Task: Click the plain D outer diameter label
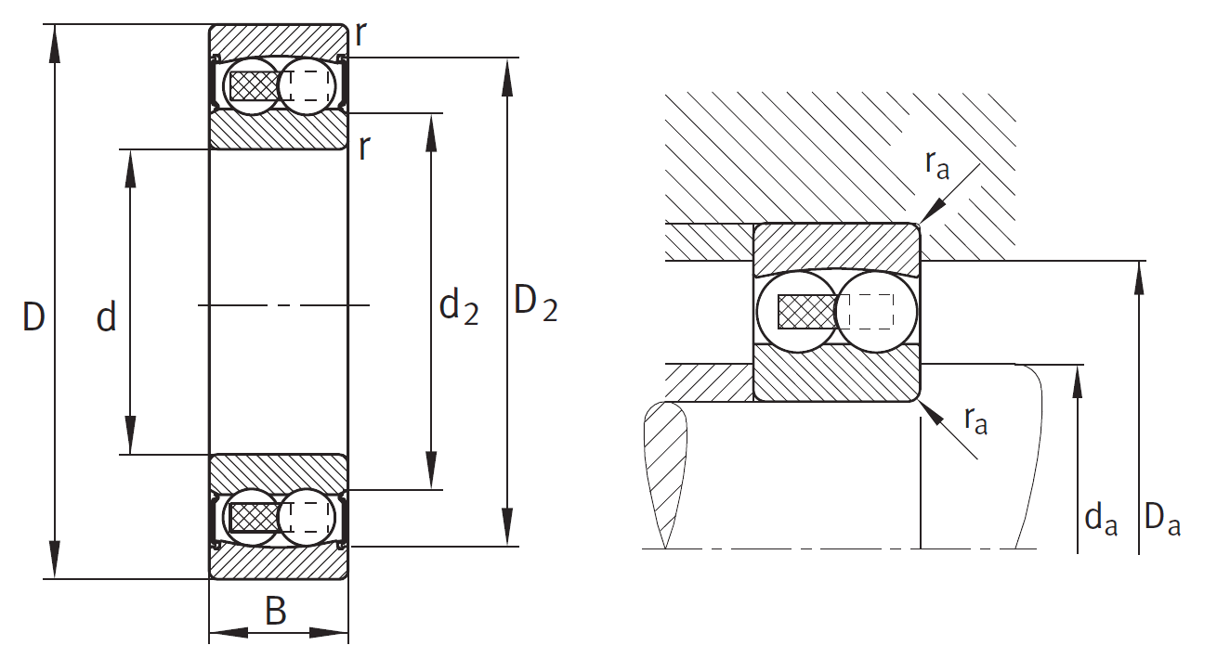[x=33, y=316]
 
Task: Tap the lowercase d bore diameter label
[x=107, y=316]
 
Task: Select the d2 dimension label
[x=459, y=307]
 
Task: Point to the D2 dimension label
[x=536, y=304]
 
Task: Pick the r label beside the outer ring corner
[x=360, y=34]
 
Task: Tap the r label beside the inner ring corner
[x=364, y=147]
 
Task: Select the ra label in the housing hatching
[x=937, y=165]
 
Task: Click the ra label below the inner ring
[x=975, y=420]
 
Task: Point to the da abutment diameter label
[x=1101, y=519]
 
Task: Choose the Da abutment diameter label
[x=1162, y=519]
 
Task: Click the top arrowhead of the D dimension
[x=54, y=44]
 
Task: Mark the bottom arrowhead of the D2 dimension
[x=507, y=526]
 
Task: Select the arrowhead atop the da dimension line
[x=1078, y=382]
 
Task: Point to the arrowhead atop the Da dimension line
[x=1139, y=278]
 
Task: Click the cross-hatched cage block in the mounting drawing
[x=806, y=312]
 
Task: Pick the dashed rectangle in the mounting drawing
[x=866, y=312]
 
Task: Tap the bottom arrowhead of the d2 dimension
[x=431, y=471]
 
